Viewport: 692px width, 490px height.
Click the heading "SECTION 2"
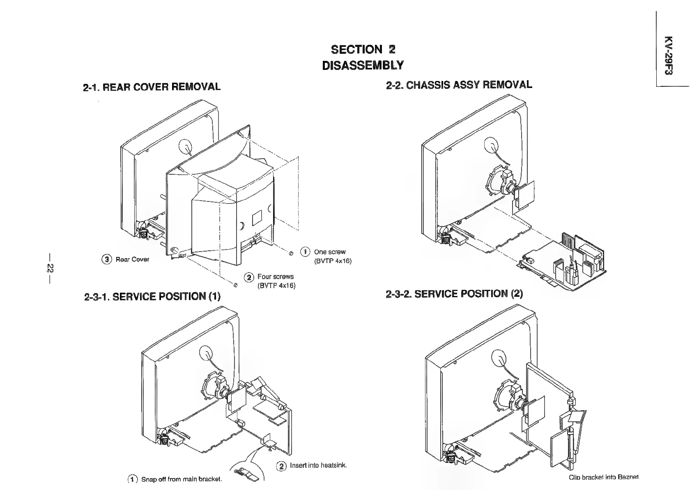point(363,50)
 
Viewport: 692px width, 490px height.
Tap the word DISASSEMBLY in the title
point(363,65)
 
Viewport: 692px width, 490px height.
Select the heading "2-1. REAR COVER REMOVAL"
point(152,87)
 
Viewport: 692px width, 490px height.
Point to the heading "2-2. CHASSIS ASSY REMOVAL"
point(459,85)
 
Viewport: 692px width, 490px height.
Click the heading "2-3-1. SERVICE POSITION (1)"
point(152,296)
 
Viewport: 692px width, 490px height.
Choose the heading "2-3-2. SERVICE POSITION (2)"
point(454,294)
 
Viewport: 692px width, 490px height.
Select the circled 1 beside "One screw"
point(305,252)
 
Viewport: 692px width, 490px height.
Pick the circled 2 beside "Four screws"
point(249,277)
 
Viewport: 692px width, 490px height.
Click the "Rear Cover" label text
point(132,259)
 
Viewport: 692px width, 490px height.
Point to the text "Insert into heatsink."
point(318,465)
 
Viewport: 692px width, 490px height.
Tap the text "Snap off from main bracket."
point(182,479)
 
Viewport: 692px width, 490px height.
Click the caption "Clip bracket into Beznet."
point(604,477)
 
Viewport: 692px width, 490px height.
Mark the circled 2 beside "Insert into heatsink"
point(282,466)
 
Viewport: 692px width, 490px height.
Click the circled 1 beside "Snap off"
point(133,479)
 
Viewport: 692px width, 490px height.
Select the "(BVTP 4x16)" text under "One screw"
point(333,261)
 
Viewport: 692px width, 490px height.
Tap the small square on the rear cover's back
point(256,217)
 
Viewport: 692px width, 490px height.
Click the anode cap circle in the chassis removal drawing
point(491,145)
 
